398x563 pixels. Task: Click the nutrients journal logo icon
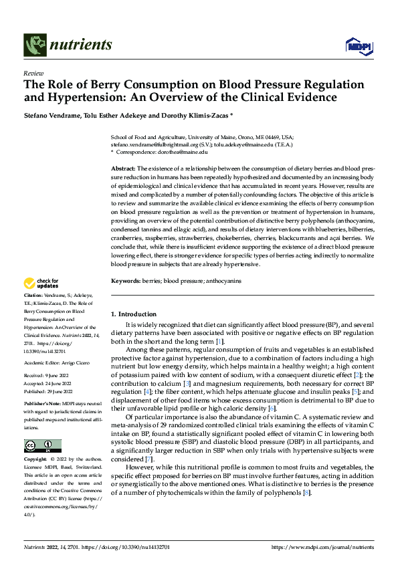click(x=33, y=45)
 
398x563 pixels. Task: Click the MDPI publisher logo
click(x=357, y=45)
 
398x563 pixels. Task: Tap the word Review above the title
click(x=33, y=73)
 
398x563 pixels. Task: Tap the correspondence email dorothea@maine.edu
click(x=187, y=152)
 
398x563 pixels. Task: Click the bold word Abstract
click(x=123, y=168)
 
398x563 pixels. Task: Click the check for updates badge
click(x=41, y=284)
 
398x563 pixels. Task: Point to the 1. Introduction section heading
click(x=134, y=314)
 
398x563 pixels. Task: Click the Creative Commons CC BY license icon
click(x=42, y=445)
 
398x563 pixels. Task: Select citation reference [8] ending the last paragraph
click(x=306, y=493)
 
